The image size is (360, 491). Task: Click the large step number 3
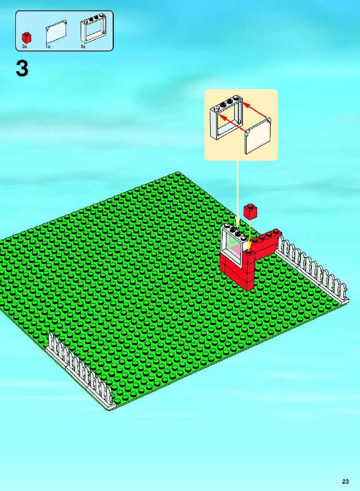click(x=22, y=69)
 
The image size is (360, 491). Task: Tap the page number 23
click(x=345, y=481)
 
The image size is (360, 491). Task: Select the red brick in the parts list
click(x=26, y=37)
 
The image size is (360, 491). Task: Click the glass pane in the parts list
click(x=56, y=32)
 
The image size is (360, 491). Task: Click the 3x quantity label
click(x=25, y=47)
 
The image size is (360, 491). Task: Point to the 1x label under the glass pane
click(x=48, y=47)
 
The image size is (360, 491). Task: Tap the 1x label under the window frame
click(x=83, y=47)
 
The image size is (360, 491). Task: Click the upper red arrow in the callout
click(x=255, y=110)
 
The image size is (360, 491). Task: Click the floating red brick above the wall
click(x=251, y=211)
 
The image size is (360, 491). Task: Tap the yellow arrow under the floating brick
click(x=250, y=234)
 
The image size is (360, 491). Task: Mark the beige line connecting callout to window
click(x=237, y=194)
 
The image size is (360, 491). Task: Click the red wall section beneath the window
click(x=237, y=273)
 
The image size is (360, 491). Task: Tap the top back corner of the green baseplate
click(x=178, y=172)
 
